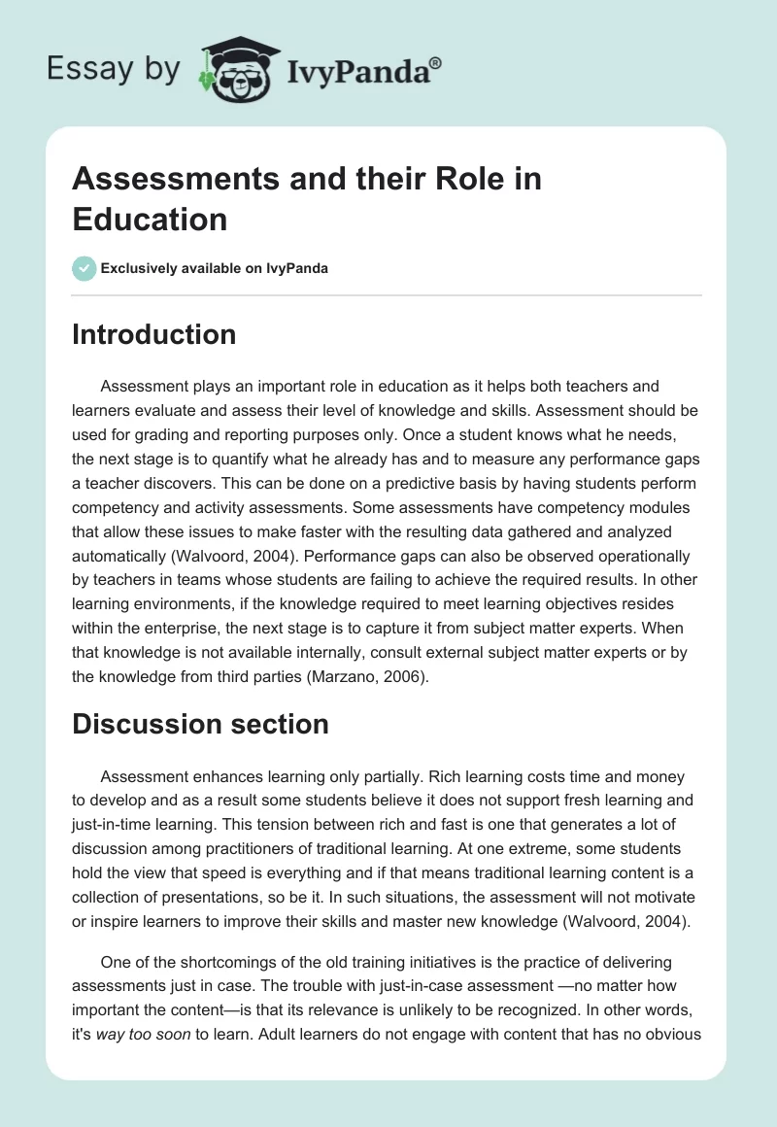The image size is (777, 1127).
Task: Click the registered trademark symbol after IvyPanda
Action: tap(436, 62)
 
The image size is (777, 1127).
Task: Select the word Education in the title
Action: tap(150, 219)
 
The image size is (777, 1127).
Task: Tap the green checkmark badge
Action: tap(84, 268)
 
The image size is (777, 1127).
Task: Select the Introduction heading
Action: tap(154, 334)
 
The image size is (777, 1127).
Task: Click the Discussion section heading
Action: tap(201, 724)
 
